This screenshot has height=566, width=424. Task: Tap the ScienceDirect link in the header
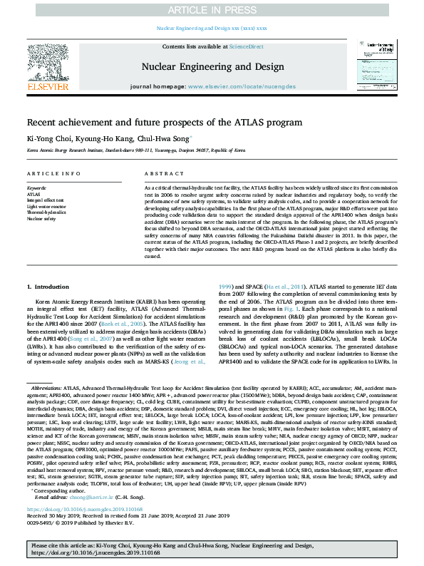tap(246, 46)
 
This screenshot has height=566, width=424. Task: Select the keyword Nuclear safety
tap(41, 218)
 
